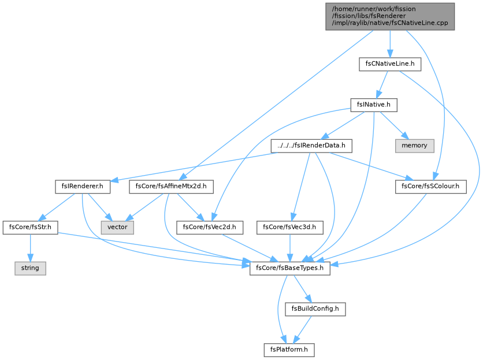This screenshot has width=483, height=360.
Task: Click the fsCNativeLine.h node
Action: (x=389, y=64)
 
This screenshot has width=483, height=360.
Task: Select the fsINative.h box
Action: (x=374, y=105)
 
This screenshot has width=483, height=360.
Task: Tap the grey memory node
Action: (x=415, y=146)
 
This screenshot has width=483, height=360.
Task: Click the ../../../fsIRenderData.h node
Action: (x=311, y=146)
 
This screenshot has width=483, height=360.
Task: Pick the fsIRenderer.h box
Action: (x=83, y=187)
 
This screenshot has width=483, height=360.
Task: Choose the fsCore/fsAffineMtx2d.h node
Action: (x=171, y=187)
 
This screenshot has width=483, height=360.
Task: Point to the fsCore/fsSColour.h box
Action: (x=430, y=187)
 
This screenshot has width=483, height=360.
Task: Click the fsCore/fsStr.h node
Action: (x=30, y=228)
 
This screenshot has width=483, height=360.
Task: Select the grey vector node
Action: (x=117, y=228)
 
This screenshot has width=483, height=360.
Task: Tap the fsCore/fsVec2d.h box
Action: (x=210, y=228)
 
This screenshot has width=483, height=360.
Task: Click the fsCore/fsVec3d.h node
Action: (x=290, y=228)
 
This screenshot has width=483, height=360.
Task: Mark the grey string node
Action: (x=30, y=269)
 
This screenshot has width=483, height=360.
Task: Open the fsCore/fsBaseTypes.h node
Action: (x=290, y=269)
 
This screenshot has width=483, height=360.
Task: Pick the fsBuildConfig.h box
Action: (x=315, y=309)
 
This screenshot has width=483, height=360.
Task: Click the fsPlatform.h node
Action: (x=289, y=350)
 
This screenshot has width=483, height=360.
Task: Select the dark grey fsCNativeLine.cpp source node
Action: (x=390, y=17)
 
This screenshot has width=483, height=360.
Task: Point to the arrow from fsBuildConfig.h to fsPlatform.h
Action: (x=302, y=330)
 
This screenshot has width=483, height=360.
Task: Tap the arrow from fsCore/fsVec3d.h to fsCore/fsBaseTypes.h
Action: (x=290, y=248)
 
